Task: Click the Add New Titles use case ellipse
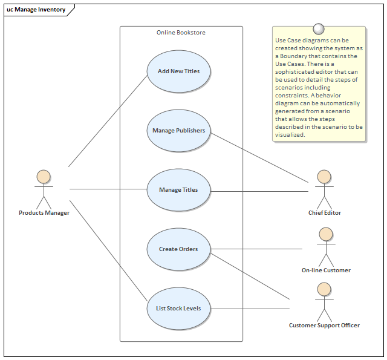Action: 178,71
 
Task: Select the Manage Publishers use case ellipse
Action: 178,131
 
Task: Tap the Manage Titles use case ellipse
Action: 178,190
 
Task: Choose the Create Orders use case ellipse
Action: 178,249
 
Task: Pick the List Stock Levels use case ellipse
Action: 178,309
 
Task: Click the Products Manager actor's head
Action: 44,177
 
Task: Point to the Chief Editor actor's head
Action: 325,177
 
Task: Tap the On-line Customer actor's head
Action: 326,234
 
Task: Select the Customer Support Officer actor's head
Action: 325,289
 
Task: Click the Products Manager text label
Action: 44,213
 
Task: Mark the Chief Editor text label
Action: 325,213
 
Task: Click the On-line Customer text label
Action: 326,270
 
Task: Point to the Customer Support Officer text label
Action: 324,326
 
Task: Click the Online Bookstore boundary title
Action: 181,33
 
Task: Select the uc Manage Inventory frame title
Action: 36,10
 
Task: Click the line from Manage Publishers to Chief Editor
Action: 260,157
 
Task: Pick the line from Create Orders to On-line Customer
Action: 257,249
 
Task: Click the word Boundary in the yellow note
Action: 292,56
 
